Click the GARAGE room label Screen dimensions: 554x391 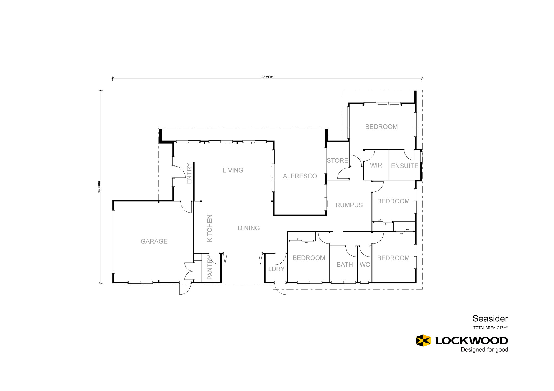click(154, 241)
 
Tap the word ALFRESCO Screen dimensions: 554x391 click(300, 176)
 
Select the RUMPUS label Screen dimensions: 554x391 click(349, 205)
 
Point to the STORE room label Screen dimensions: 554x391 click(337, 160)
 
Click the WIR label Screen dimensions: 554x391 click(376, 165)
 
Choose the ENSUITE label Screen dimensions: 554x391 click(404, 166)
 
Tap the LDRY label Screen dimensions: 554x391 click(276, 269)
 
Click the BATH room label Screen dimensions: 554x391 click(345, 265)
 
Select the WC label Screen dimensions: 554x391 click(365, 265)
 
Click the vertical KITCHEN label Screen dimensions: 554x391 click(210, 228)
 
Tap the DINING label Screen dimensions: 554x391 click(249, 228)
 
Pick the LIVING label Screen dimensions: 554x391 click(233, 170)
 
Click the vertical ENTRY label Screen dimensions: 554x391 click(189, 173)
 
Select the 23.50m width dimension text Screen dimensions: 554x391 click(267, 77)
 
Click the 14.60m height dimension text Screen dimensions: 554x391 click(99, 187)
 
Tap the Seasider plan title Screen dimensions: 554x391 click(490, 319)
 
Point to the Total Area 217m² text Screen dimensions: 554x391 click(490, 328)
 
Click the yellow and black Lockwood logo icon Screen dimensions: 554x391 click(423, 341)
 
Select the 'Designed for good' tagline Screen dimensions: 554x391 click(484, 350)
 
